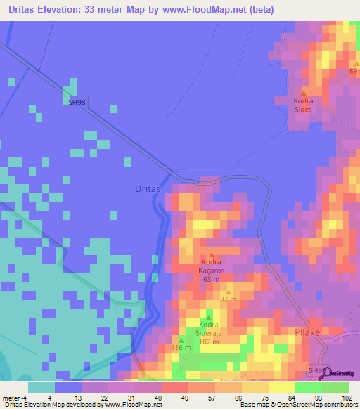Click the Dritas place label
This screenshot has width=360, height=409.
tap(148, 189)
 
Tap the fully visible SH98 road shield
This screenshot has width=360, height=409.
tap(78, 101)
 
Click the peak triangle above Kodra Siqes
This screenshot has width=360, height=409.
tap(304, 92)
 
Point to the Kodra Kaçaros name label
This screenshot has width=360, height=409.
tap(212, 266)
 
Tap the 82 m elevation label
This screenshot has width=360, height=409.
tap(227, 299)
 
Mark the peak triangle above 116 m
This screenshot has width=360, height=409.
tap(181, 340)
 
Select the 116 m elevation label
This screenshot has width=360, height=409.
tap(181, 349)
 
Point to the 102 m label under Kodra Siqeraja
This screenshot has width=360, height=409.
tap(209, 342)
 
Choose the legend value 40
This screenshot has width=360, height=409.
tap(158, 398)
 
